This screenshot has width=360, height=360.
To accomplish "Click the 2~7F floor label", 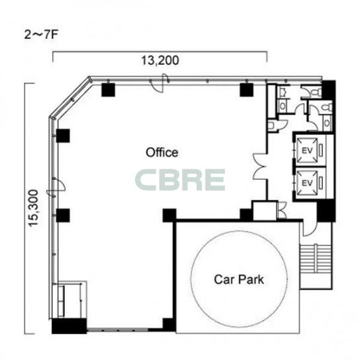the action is (40, 35).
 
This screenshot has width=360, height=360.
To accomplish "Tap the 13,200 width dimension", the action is (160, 61).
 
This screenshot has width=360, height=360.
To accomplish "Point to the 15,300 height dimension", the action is (33, 208).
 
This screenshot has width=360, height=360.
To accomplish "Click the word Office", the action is (162, 152).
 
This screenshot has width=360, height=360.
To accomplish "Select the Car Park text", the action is (239, 279).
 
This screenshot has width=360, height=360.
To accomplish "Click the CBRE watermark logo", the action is (180, 180).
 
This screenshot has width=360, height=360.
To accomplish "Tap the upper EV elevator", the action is (307, 151).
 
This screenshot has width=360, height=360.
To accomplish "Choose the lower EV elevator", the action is (307, 183).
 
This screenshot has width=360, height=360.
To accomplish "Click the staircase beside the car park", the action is (316, 258).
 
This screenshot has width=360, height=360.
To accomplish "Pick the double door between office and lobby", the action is (259, 166).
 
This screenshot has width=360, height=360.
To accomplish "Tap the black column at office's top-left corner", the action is (108, 90).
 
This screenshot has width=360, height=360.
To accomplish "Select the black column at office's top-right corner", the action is (246, 90).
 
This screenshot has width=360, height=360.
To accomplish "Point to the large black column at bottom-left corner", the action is (69, 326).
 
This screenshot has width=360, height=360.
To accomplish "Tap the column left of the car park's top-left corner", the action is (169, 215).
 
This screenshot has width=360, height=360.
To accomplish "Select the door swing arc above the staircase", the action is (308, 230).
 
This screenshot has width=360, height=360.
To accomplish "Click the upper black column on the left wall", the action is (63, 136).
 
